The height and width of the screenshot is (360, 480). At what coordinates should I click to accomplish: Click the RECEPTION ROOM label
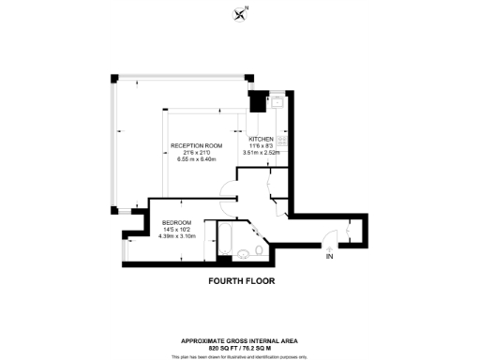pyautogui.click(x=196, y=145)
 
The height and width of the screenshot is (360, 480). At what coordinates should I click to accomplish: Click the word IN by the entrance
pyautogui.click(x=328, y=256)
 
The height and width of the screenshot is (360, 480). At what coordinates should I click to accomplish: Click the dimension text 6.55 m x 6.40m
pyautogui.click(x=196, y=159)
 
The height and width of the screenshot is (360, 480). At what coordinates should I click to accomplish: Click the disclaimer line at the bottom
pyautogui.click(x=240, y=356)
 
